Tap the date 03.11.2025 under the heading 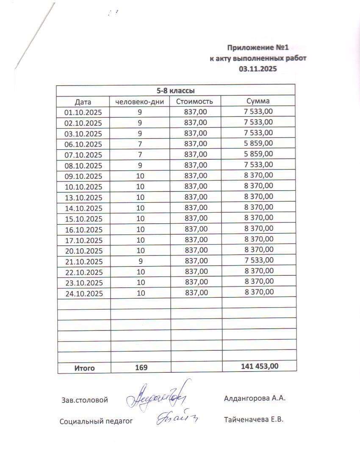coord(258,69)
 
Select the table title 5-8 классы coord(176,90)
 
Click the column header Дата coord(83,102)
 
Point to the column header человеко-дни coord(140,102)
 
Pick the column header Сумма coord(258,101)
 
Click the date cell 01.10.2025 coord(83,113)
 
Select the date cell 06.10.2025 coord(83,144)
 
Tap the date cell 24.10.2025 coord(83,293)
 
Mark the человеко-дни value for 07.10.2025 coord(140,155)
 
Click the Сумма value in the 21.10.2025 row coord(258,260)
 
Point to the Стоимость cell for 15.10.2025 coord(196,219)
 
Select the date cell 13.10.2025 coord(83,197)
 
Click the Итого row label coord(85,368)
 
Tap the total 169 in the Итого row coord(141,368)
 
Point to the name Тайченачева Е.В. coord(253,420)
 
